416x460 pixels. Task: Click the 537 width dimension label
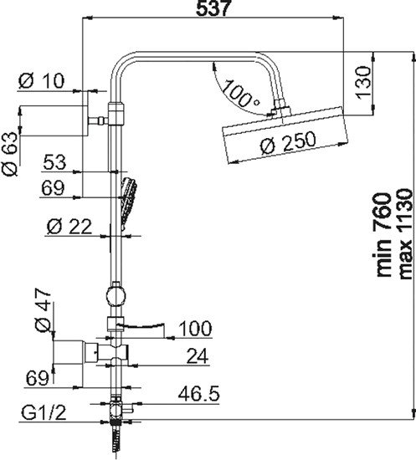(212, 8)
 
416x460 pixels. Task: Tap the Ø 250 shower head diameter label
(288, 142)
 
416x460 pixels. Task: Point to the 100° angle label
(241, 94)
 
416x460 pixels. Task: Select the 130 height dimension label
(363, 83)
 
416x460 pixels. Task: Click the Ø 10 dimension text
(41, 81)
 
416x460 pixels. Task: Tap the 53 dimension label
(54, 162)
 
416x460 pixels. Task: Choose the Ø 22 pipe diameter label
(69, 227)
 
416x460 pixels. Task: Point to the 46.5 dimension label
(199, 394)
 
